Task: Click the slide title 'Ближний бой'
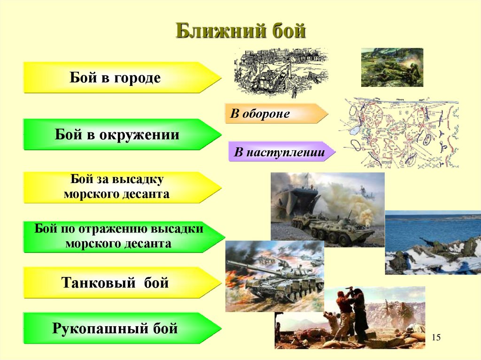click(240, 31)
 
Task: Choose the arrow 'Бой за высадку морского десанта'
click(117, 187)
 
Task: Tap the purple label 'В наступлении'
click(280, 153)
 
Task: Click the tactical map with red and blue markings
click(399, 133)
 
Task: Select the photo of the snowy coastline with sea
click(432, 242)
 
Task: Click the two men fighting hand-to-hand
click(350, 312)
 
